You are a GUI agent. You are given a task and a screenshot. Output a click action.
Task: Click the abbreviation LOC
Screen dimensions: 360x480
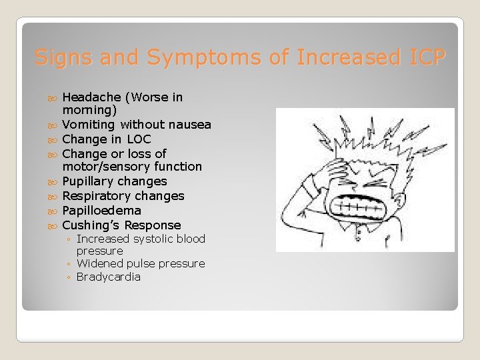point(139,139)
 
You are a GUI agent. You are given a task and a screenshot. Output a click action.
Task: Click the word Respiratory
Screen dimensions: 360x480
point(96,196)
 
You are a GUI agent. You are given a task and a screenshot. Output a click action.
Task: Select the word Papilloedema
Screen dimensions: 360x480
point(101,211)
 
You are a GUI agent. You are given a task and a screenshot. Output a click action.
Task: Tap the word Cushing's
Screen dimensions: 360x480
point(91,225)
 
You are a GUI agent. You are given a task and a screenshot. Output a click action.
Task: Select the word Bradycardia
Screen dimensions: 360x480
point(109,277)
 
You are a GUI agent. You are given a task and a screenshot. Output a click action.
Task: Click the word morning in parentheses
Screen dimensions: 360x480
point(87,110)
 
